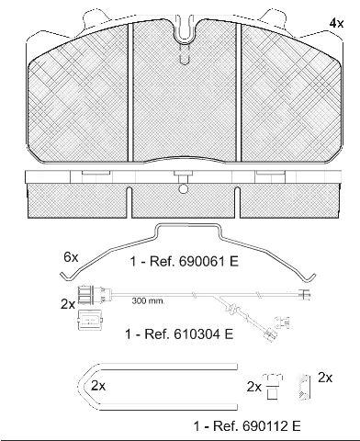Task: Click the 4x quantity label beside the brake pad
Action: (x=336, y=24)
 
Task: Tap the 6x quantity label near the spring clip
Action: (x=71, y=257)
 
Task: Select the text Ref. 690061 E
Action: (x=194, y=262)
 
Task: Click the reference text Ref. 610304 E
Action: (x=188, y=334)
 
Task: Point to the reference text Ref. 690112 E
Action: (x=256, y=425)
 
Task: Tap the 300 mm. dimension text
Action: (x=148, y=300)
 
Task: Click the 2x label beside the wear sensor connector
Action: (x=68, y=304)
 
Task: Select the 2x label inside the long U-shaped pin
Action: (x=98, y=386)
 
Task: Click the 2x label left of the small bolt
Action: (x=254, y=388)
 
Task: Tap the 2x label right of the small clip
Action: (x=325, y=378)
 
